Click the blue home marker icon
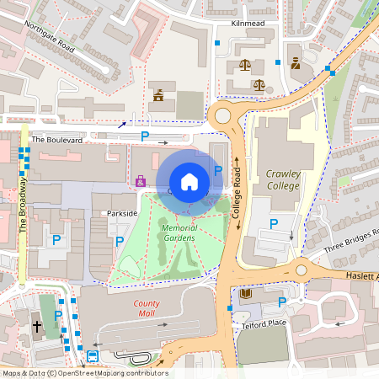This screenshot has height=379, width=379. (x=189, y=181)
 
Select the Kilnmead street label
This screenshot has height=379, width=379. (x=248, y=24)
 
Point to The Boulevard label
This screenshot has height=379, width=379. (x=57, y=140)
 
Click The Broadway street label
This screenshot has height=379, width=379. (x=23, y=206)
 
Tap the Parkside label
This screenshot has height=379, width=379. (x=122, y=213)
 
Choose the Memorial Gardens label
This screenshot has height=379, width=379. (x=179, y=233)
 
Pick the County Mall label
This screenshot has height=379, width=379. (x=147, y=309)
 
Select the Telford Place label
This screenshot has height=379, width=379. (x=264, y=323)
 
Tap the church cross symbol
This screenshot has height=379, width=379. (x=37, y=325)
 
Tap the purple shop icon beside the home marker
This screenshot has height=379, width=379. (x=141, y=180)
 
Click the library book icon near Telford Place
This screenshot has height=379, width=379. (x=246, y=294)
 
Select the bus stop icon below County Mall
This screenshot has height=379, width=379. (x=92, y=355)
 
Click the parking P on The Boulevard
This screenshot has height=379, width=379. (x=145, y=136)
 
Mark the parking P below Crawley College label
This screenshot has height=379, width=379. (x=273, y=223)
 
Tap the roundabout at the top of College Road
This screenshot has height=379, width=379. (x=223, y=115)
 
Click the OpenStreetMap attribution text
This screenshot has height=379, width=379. (x=84, y=373)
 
